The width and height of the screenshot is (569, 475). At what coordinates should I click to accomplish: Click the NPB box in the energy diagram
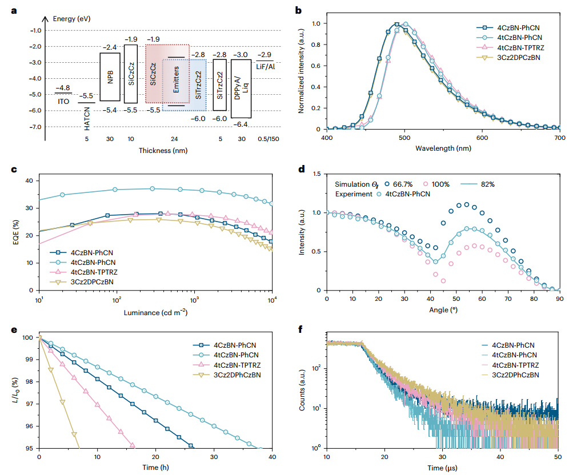tap(110, 77)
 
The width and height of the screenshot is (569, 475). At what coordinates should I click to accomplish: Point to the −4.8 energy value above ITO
tap(63, 88)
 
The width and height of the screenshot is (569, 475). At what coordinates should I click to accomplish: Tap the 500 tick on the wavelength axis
tap(404, 138)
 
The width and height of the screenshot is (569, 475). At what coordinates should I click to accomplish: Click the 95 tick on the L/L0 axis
tap(29, 448)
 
